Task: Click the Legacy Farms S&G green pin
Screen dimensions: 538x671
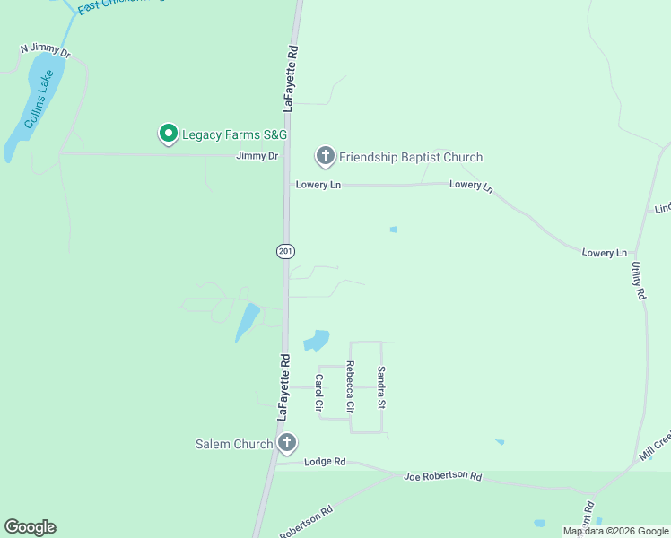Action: point(168,134)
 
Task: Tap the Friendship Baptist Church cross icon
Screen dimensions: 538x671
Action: point(325,157)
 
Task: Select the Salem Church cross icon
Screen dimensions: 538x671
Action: point(287,443)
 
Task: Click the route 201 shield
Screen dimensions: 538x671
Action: point(285,251)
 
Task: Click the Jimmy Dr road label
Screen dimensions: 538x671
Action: point(257,156)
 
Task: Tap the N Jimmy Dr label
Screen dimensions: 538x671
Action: point(45,51)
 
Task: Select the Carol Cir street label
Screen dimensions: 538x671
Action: point(318,393)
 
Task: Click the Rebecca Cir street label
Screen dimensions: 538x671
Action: point(350,386)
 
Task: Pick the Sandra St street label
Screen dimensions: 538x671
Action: point(380,386)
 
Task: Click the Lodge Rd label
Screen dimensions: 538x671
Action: point(325,462)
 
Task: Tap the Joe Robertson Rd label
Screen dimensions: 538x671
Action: point(443,476)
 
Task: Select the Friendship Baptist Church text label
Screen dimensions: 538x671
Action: point(411,157)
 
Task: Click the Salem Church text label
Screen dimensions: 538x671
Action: point(234,444)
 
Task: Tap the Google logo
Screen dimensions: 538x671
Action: point(30,527)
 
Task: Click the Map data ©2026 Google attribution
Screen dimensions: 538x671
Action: point(614,531)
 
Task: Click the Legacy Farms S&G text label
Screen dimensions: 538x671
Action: point(234,134)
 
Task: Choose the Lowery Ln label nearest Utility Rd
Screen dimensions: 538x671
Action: point(604,253)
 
